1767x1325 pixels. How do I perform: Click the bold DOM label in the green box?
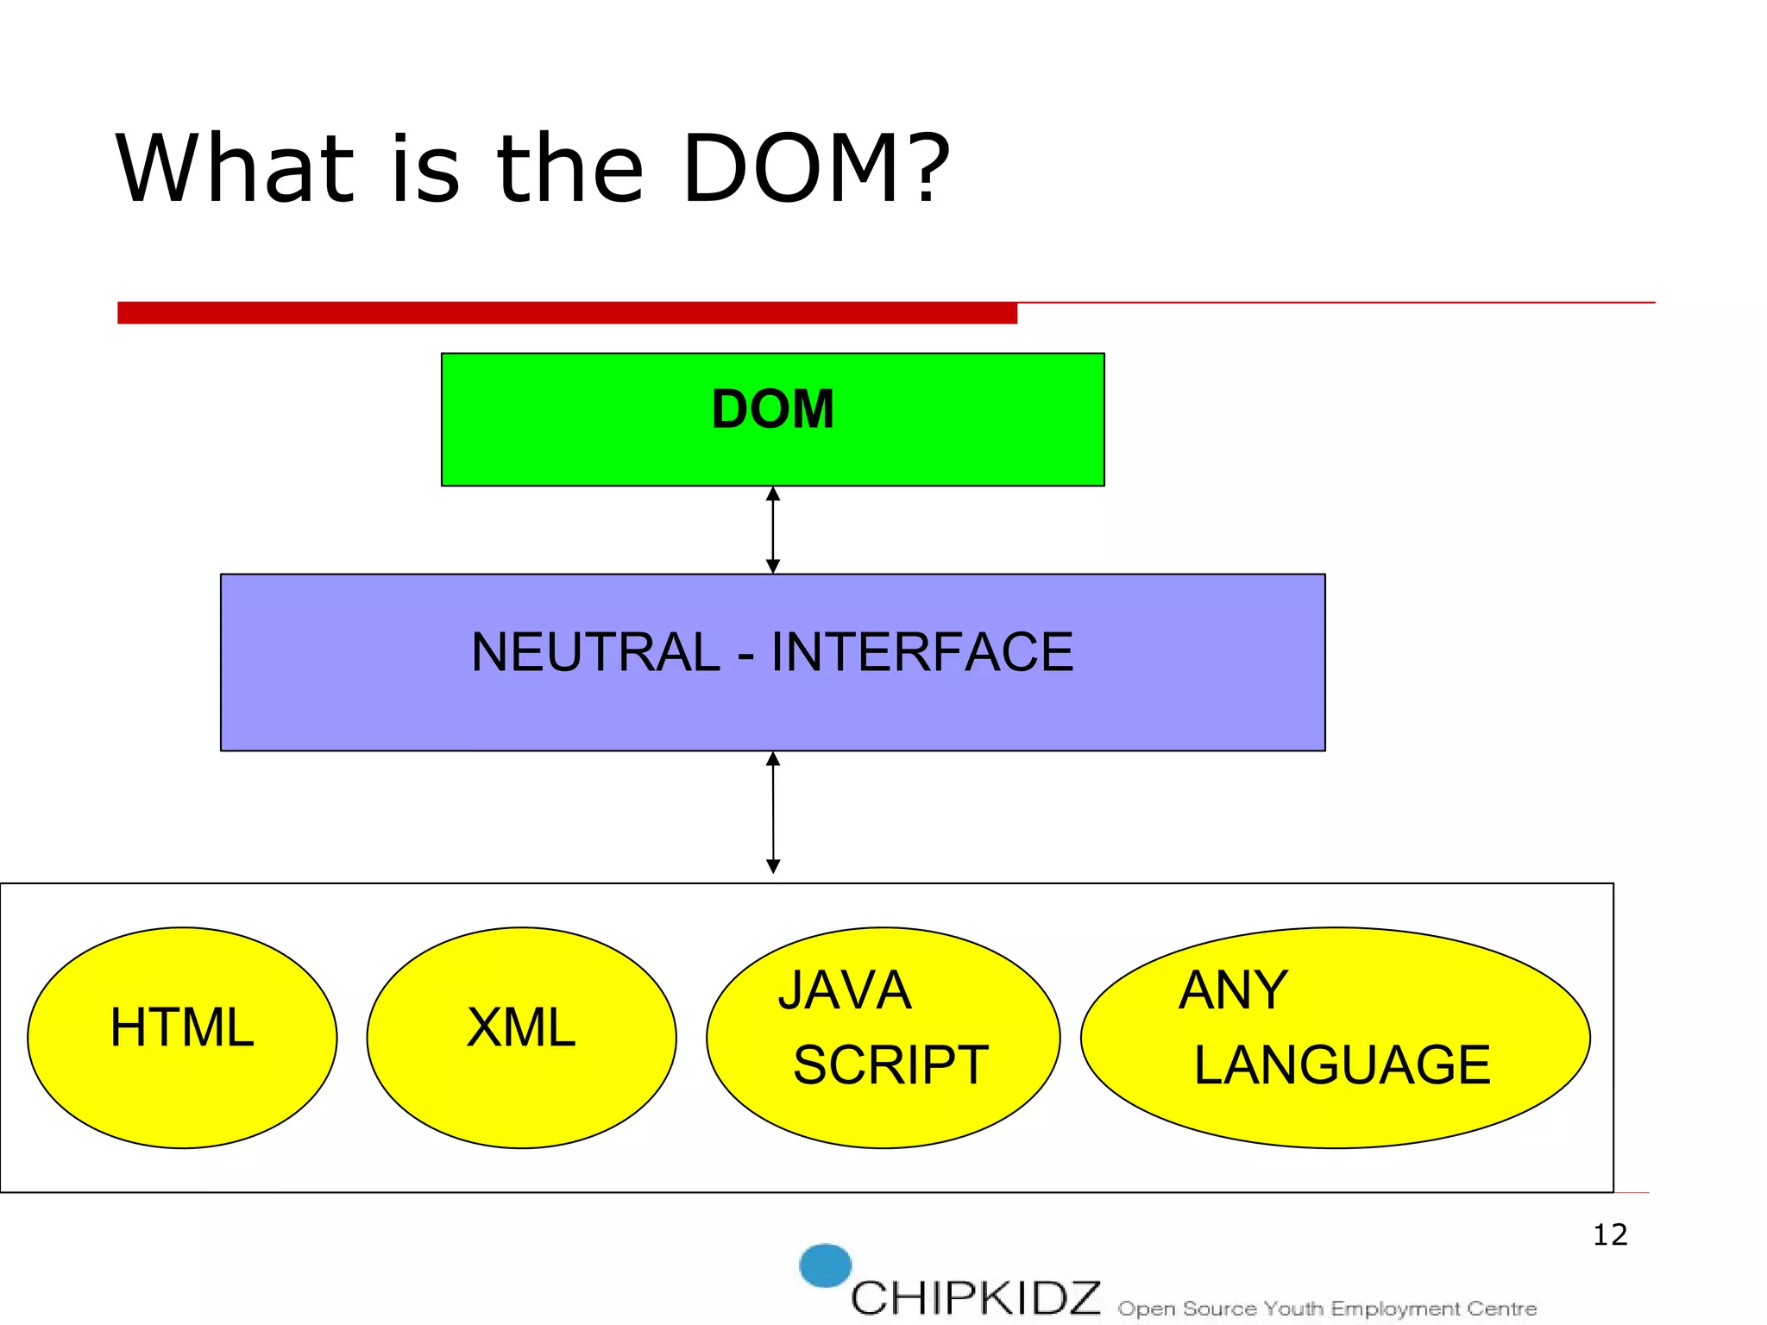point(772,409)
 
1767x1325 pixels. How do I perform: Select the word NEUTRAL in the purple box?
point(595,652)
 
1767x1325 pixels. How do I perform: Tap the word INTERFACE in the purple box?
point(921,652)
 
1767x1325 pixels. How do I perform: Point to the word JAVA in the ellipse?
point(845,990)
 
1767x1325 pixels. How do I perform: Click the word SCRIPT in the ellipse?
point(890,1064)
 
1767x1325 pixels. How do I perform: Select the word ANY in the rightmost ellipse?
point(1233,990)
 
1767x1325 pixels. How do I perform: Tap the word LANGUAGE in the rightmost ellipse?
point(1342,1064)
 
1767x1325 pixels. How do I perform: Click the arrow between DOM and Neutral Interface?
point(773,530)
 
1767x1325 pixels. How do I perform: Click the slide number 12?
point(1609,1234)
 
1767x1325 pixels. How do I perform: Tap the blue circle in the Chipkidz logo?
point(825,1265)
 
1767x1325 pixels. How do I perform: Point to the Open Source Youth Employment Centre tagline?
point(1327,1309)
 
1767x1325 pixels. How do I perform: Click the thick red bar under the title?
point(567,312)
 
